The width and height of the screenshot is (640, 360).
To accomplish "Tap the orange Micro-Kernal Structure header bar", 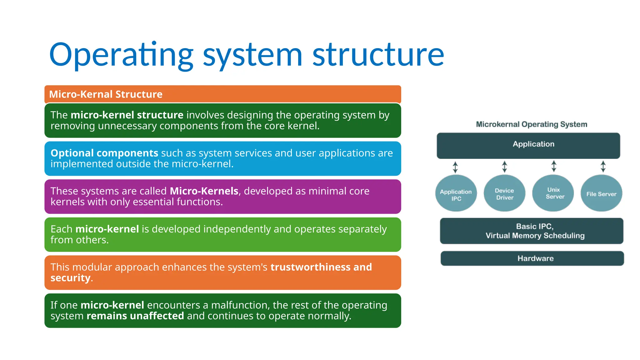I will [x=222, y=94].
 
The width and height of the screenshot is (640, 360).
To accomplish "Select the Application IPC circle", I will [x=456, y=193].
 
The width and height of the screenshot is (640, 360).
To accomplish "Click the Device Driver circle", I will [x=504, y=193].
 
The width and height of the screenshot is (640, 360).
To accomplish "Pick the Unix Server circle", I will [x=553, y=193].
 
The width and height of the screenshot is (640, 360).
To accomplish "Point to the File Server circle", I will [x=601, y=193].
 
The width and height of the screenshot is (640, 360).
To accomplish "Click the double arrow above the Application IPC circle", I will [x=455, y=167].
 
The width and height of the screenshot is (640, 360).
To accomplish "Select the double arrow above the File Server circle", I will [x=603, y=167].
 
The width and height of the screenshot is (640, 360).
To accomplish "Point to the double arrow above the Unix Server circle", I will [x=554, y=166].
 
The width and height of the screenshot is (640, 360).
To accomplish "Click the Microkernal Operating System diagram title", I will [x=532, y=124].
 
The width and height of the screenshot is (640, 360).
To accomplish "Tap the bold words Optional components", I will [x=104, y=153].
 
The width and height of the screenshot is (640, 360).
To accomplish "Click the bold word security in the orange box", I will [x=70, y=278].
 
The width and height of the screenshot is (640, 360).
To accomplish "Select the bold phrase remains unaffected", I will [x=135, y=316].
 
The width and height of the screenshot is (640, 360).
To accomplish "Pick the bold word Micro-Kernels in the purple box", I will [x=204, y=191].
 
